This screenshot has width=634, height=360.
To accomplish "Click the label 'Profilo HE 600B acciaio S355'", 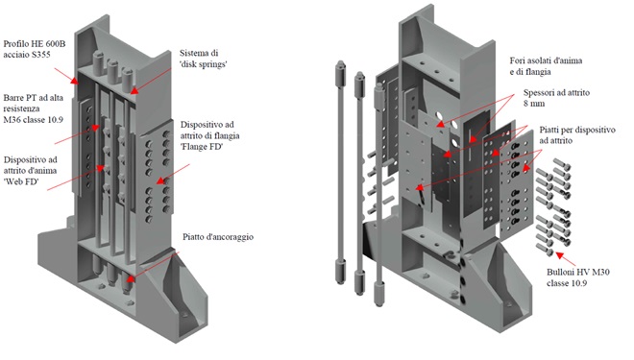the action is [x=35, y=49].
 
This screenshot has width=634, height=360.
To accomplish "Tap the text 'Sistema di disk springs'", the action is [x=203, y=59].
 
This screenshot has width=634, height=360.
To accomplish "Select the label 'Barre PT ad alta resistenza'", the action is [x=34, y=103].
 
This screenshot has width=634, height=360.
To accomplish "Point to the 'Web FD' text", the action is [x=21, y=181].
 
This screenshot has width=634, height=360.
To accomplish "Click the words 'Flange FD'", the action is [x=202, y=147].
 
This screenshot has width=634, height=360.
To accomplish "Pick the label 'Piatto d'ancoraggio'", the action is [x=218, y=237].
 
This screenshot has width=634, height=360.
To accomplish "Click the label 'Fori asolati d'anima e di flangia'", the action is [x=546, y=66].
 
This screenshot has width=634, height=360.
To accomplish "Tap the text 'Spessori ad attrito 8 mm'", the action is [x=556, y=98].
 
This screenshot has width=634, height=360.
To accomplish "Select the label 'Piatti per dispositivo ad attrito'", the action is [x=577, y=135].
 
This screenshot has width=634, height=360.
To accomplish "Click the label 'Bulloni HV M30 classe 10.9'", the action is [x=578, y=277].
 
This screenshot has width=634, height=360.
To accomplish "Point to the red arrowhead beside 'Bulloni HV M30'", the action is [x=559, y=254].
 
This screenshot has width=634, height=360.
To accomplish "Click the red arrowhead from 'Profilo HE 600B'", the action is [x=74, y=81].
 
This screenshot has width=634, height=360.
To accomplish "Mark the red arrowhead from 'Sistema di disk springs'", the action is [x=134, y=91].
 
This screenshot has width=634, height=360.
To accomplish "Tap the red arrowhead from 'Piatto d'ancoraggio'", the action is [x=131, y=278].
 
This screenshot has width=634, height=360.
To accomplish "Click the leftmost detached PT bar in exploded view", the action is [x=340, y=173].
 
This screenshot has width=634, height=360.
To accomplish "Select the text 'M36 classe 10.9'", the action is [x=34, y=120].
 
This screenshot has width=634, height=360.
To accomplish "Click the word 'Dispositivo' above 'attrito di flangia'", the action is [x=207, y=125].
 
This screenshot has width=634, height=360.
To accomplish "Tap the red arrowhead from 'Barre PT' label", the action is [x=95, y=128].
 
